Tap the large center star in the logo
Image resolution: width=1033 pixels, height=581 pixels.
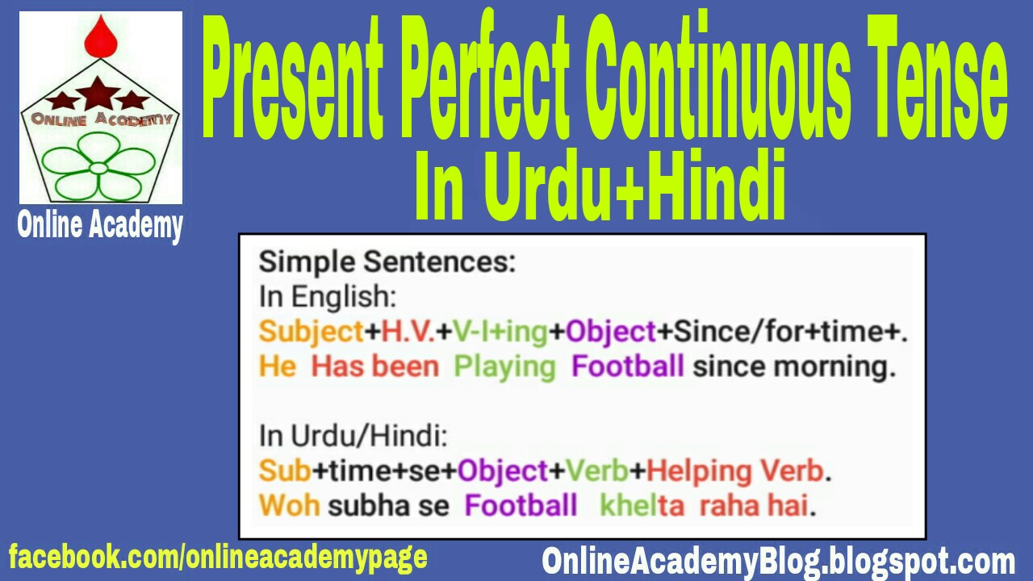click(x=98, y=92)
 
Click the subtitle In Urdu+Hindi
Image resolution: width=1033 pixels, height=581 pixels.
click(x=600, y=187)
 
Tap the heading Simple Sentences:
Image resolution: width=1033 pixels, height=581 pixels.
click(x=387, y=262)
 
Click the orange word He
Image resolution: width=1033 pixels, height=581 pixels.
click(x=278, y=367)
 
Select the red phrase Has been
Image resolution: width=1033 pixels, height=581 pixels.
click(x=375, y=367)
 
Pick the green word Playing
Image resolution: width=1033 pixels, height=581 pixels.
click(x=505, y=367)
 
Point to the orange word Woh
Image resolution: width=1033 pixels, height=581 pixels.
click(x=289, y=506)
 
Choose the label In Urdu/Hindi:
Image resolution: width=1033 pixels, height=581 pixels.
click(x=353, y=437)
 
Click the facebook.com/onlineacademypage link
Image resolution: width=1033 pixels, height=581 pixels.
click(x=218, y=558)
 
